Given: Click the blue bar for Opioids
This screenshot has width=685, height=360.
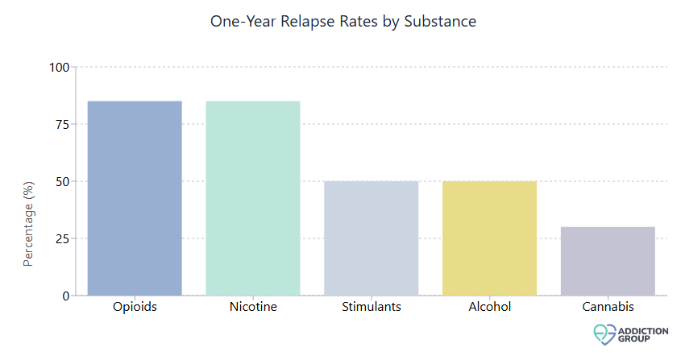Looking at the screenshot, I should (135, 198).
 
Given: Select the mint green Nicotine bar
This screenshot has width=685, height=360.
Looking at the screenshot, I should (253, 198).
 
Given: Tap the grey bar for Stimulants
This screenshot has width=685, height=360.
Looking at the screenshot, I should (372, 238).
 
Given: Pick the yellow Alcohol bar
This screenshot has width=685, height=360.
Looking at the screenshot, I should (489, 238).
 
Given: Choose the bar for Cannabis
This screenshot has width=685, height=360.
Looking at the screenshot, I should (608, 261).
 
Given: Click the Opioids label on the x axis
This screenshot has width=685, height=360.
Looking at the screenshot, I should (135, 307).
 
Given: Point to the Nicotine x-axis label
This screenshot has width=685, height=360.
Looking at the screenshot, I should (253, 307).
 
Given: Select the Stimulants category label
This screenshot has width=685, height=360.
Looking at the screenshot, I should (372, 307).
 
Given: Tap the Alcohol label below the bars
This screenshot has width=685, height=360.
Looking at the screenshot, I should (489, 307).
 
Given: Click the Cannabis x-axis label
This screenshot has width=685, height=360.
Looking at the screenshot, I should (608, 307).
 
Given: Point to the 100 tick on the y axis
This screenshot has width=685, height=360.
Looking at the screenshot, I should (59, 67).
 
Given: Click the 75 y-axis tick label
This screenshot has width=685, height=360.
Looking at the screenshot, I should (62, 124).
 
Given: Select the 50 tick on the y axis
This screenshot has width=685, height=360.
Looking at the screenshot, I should (62, 181).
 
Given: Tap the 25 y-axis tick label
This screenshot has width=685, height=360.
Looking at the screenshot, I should (62, 238).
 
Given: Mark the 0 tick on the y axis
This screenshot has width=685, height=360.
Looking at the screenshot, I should (65, 296).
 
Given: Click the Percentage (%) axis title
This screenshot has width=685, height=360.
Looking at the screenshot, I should (29, 223).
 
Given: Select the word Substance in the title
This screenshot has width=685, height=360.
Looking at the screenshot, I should (442, 22).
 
